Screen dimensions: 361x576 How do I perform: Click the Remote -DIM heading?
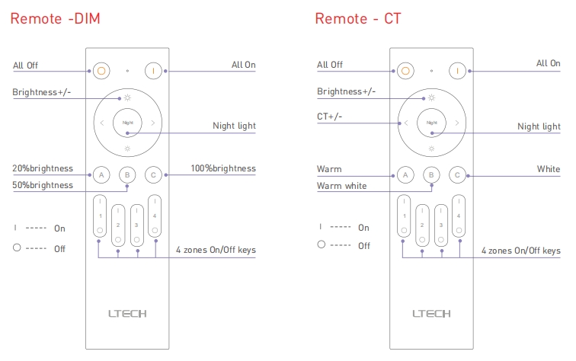pyautogui.click(x=55, y=18)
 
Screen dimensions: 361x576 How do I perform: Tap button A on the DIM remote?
pyautogui.click(x=100, y=174)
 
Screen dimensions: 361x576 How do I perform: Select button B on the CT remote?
pyautogui.click(x=431, y=174)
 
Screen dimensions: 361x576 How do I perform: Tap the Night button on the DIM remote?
pyautogui.click(x=127, y=122)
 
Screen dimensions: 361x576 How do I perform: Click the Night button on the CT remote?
pyautogui.click(x=432, y=122)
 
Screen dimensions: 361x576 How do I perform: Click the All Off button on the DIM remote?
pyautogui.click(x=101, y=71)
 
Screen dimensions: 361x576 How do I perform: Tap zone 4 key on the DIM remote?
pyautogui.click(x=155, y=217)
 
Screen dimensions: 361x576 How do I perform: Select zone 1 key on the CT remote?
pyautogui.click(x=405, y=217)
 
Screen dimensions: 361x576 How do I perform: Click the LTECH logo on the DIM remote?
pyautogui.click(x=127, y=313)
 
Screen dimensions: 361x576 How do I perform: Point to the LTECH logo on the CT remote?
pyautogui.click(x=431, y=313)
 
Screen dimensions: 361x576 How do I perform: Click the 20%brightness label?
pyautogui.click(x=43, y=168)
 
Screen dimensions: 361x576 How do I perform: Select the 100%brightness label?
pyautogui.click(x=222, y=168)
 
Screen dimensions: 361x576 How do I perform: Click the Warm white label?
pyautogui.click(x=341, y=186)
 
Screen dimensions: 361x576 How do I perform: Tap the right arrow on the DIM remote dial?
pyautogui.click(x=153, y=123)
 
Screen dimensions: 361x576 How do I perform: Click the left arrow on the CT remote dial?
pyautogui.click(x=406, y=123)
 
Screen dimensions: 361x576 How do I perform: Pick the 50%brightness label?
pyautogui.click(x=43, y=185)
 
